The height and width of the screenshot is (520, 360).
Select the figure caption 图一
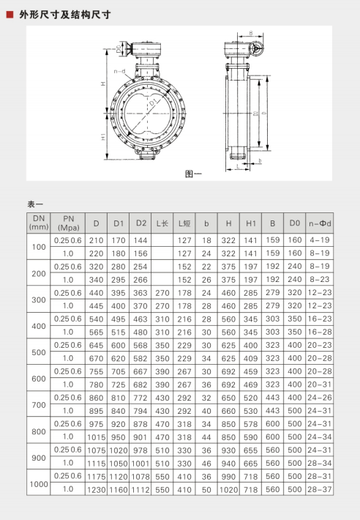[193, 174]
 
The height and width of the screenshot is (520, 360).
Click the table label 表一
[35, 203]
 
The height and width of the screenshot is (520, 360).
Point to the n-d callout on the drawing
[119, 71]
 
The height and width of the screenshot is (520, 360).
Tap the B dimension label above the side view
[250, 33]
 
